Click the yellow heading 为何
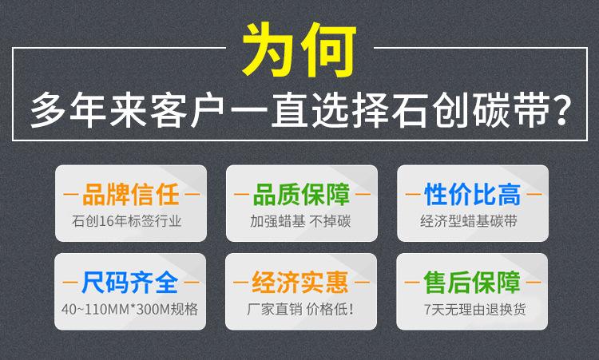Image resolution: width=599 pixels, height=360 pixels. coord(299,49)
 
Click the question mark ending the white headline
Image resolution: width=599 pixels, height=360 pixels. coord(561,109)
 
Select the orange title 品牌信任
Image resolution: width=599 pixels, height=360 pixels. coord(131,194)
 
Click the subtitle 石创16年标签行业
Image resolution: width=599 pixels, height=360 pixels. coord(126,221)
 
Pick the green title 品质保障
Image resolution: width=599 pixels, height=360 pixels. coord(301,194)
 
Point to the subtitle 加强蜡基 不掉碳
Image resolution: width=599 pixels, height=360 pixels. coord(300,221)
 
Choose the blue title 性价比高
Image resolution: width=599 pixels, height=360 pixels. coord(473,194)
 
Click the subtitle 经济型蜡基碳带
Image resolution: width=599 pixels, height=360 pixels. coord(469,221)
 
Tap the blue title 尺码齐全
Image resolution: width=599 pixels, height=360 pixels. coord(130,283)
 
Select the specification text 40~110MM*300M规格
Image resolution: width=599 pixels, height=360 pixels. coord(130,309)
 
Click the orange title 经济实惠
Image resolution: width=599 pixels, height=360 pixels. coord(300,283)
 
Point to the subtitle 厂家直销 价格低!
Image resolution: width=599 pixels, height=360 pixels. coord(300,309)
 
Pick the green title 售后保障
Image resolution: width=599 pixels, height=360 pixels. coord(472,283)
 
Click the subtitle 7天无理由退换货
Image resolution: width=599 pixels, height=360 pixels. coord(475,309)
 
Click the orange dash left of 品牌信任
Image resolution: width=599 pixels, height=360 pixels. coord(70,194)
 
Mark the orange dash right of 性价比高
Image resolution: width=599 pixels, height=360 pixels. coord(534,194)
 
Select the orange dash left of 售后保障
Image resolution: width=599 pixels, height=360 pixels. coord(412,283)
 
